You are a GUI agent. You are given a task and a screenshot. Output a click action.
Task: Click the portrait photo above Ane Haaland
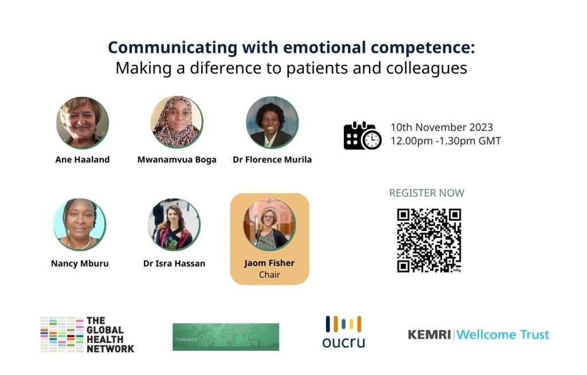pyautogui.click(x=83, y=123)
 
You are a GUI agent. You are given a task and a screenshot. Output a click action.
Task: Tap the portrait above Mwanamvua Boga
pyautogui.click(x=177, y=122)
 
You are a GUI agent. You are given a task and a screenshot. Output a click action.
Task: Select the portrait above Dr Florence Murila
pyautogui.click(x=272, y=122)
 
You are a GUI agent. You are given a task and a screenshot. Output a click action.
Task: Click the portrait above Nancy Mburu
pyautogui.click(x=80, y=224)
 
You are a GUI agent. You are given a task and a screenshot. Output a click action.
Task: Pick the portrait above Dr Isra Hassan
pyautogui.click(x=174, y=224)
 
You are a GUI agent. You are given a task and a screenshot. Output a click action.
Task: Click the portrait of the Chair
pyautogui.click(x=269, y=224)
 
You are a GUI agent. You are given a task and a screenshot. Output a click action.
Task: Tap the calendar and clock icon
pyautogui.click(x=362, y=135)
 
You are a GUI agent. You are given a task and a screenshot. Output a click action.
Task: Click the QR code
pyautogui.click(x=429, y=240)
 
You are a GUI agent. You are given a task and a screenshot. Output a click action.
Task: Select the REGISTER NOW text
pyautogui.click(x=426, y=193)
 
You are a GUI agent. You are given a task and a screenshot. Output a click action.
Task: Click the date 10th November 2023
pyautogui.click(x=442, y=127)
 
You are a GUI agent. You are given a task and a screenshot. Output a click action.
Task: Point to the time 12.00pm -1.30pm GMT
pyautogui.click(x=446, y=141)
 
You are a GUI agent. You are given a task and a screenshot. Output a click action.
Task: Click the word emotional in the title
pyautogui.click(x=324, y=48)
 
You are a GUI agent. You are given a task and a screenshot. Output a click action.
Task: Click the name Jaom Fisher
pyautogui.click(x=269, y=263)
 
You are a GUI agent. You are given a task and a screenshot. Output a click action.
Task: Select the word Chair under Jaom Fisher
pyautogui.click(x=269, y=275)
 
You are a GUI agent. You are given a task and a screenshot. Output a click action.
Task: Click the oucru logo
pyautogui.click(x=344, y=332)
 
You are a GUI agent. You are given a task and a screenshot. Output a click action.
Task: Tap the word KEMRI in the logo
pyautogui.click(x=429, y=334)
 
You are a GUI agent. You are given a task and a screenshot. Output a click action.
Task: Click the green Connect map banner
pyautogui.click(x=226, y=337)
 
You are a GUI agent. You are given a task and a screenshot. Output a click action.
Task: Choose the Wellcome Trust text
pyautogui.click(x=503, y=334)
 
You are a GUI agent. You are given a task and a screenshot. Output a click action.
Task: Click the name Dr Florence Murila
pyautogui.click(x=272, y=159)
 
